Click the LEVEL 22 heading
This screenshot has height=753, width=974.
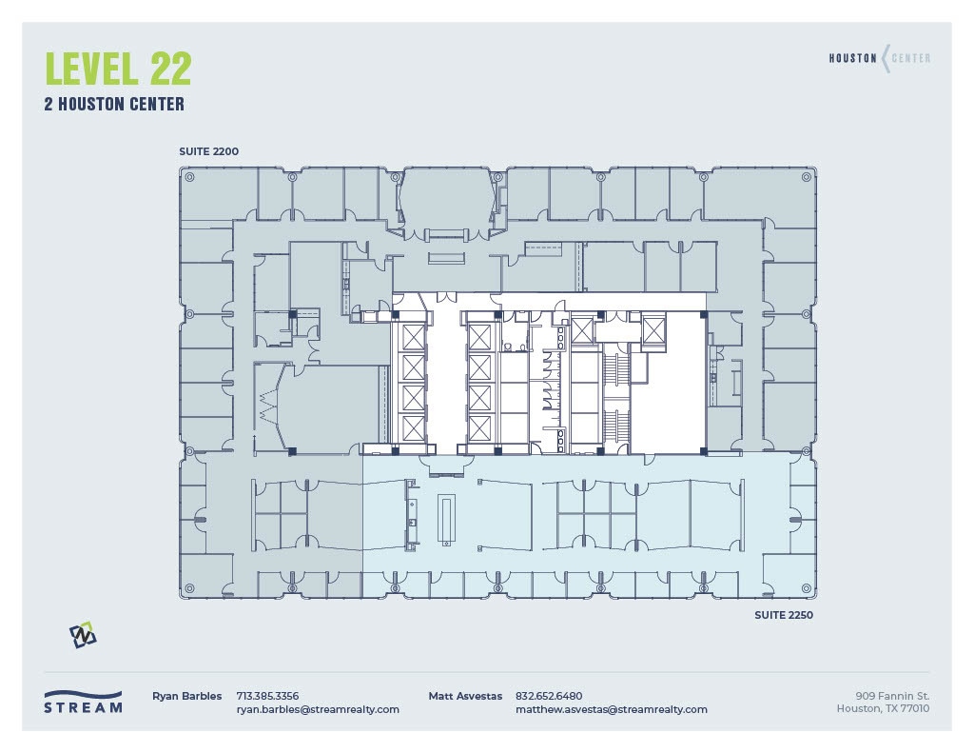tap(118, 69)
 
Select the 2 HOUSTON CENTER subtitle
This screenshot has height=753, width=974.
tap(114, 105)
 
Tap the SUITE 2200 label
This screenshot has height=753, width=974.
tap(208, 151)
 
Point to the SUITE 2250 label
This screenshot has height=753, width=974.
tap(784, 615)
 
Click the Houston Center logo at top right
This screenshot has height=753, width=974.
tap(879, 58)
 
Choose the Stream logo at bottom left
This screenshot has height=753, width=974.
tap(83, 703)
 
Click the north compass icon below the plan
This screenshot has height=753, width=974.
tap(83, 635)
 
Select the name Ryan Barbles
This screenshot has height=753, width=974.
tap(186, 696)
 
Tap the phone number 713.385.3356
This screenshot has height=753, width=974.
tap(267, 696)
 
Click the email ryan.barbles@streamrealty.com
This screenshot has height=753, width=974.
tap(318, 709)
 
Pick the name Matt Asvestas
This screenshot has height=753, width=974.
tap(465, 696)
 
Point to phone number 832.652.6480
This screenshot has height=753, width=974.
tap(549, 696)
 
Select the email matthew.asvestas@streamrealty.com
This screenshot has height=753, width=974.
tap(611, 709)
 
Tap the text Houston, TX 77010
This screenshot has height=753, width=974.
tap(883, 708)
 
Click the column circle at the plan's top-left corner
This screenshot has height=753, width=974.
tap(189, 177)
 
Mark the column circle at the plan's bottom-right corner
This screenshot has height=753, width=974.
tap(808, 588)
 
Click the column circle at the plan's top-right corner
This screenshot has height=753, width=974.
tap(808, 177)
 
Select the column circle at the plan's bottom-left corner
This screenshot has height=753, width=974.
tap(189, 588)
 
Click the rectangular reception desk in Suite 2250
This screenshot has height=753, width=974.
tap(445, 519)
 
